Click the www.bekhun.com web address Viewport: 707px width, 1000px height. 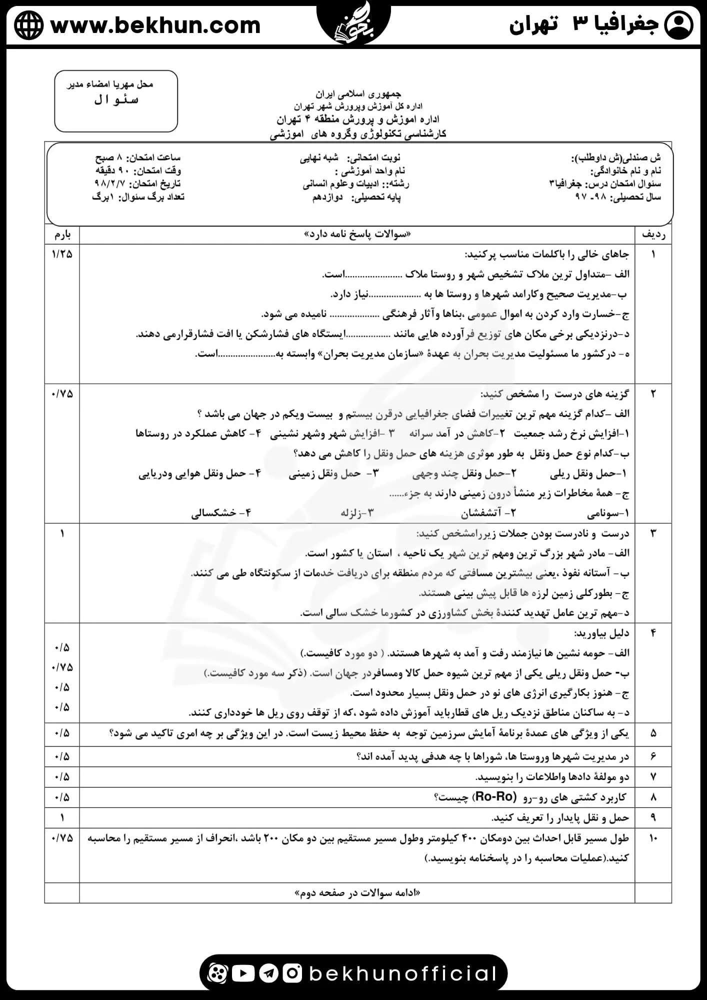coord(155,25)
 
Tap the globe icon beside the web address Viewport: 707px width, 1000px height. coord(29,25)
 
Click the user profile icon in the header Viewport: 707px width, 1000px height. coord(678,25)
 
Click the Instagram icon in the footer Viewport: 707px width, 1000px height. coord(292,973)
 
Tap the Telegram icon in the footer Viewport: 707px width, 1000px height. coord(268,973)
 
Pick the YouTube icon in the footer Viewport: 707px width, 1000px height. coord(243,973)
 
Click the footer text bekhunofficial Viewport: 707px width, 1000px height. coord(402,973)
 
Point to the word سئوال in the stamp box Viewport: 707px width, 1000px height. coord(116,100)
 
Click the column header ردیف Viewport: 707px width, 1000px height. coord(653,234)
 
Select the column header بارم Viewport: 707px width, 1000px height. coord(62,234)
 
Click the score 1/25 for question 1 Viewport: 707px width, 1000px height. coord(62,254)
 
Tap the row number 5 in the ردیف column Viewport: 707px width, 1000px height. coord(653,733)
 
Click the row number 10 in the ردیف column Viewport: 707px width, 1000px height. coord(653,837)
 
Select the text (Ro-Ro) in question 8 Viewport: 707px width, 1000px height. coord(495,796)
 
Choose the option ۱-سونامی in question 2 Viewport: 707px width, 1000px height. coord(608,513)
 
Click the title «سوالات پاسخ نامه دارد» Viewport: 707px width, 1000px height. coord(357,234)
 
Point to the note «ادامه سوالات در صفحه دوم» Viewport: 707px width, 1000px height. coord(357,892)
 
